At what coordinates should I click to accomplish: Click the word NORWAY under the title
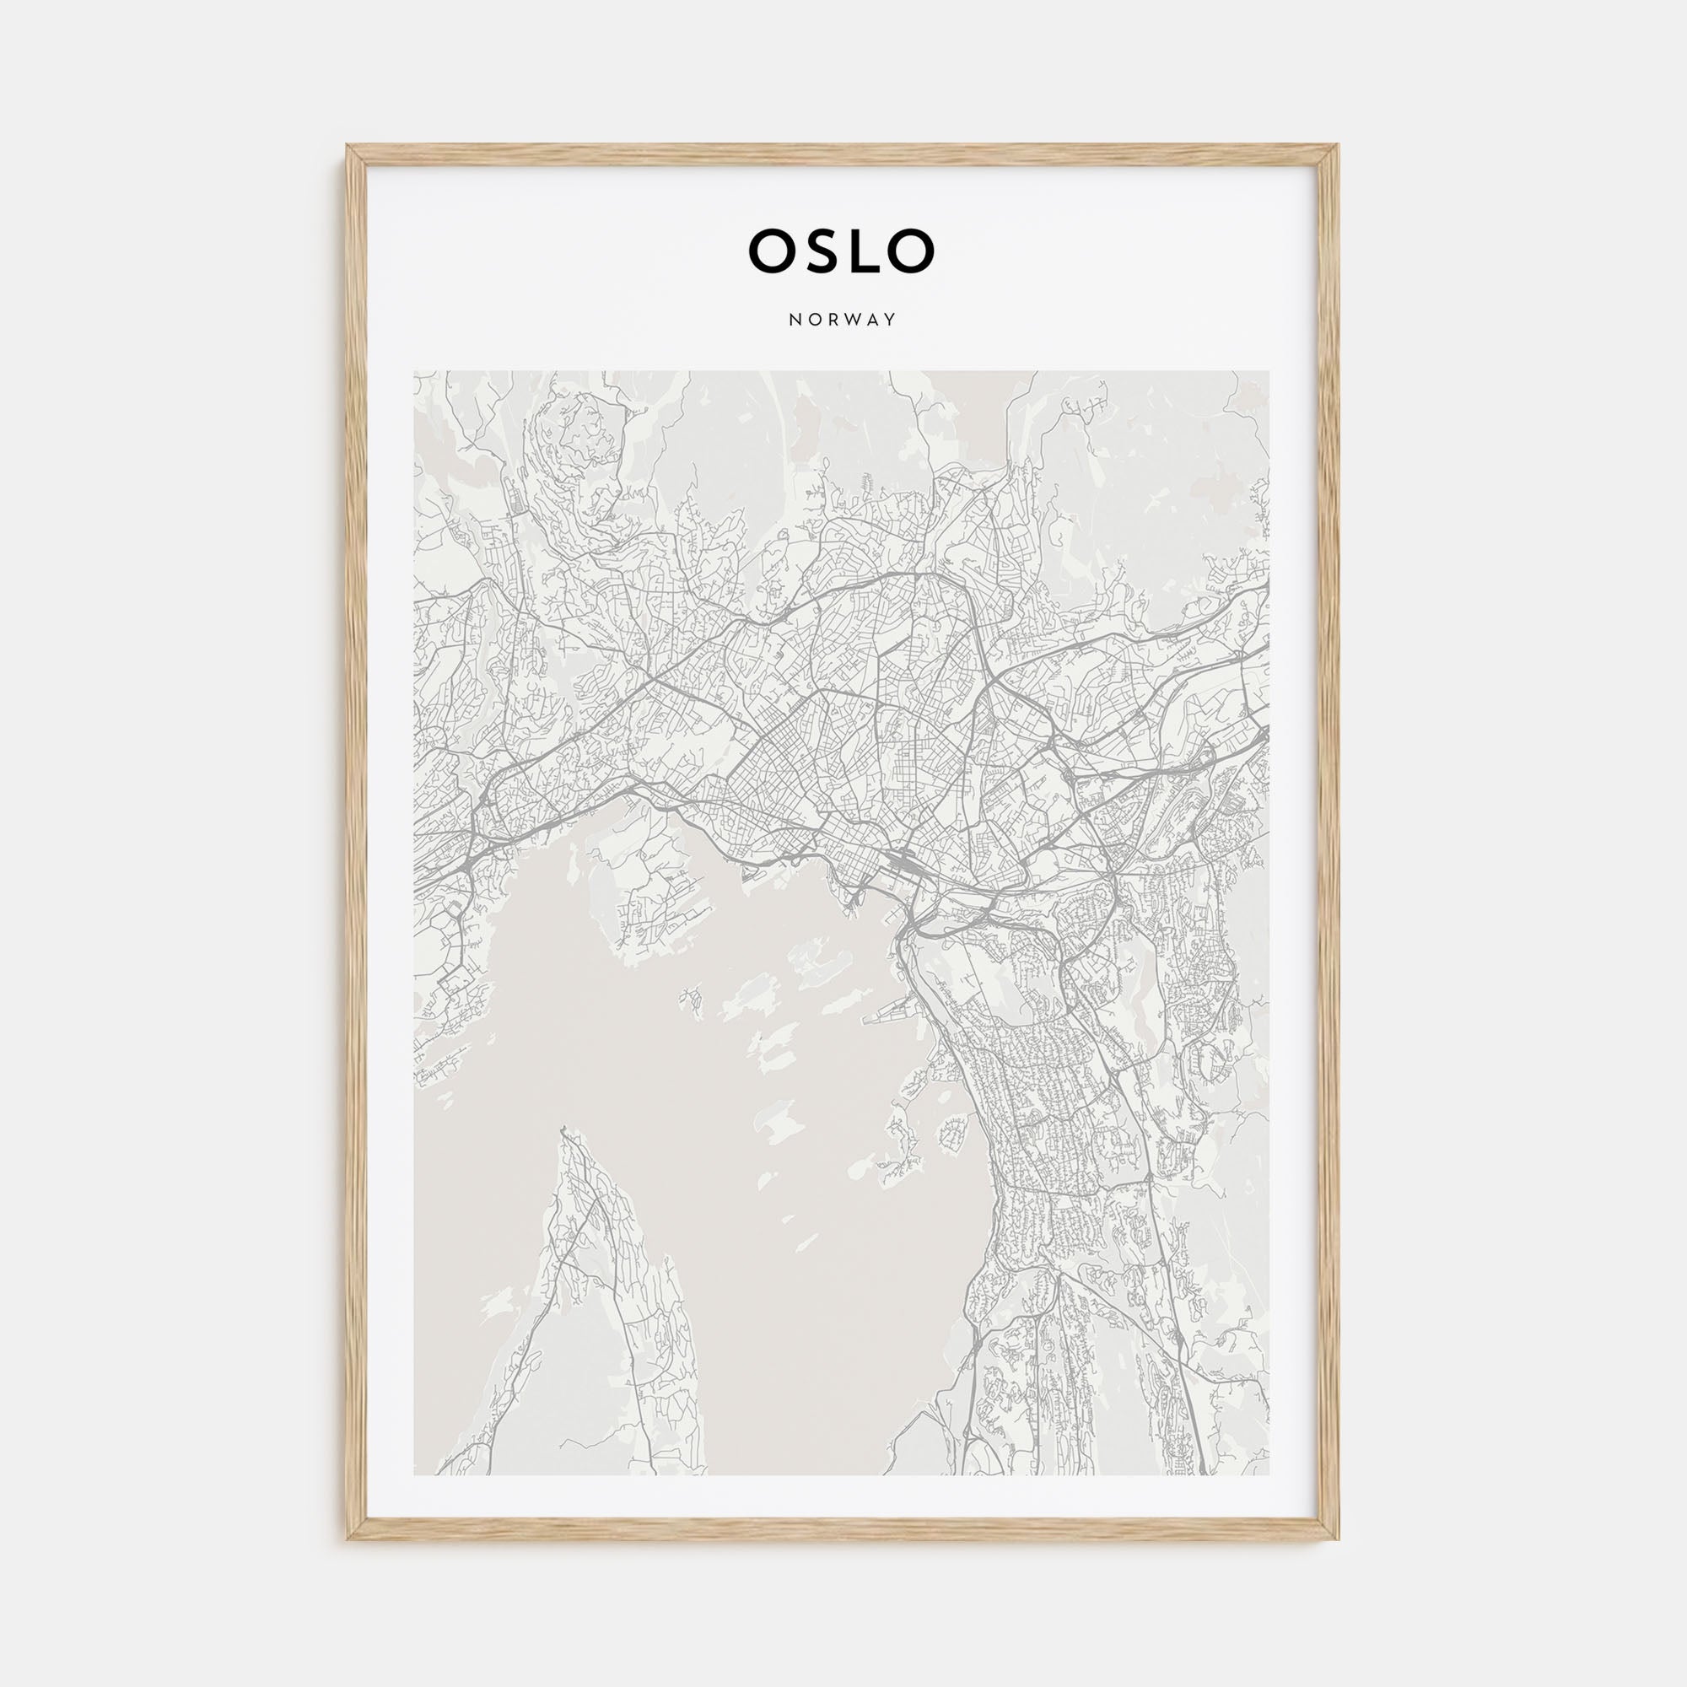point(843,320)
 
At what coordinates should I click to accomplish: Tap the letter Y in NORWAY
point(891,320)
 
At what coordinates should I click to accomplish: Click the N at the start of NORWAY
point(794,320)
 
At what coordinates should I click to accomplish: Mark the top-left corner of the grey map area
point(415,371)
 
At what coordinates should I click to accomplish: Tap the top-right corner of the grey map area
point(1269,371)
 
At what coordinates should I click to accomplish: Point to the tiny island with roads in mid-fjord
point(693,1000)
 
